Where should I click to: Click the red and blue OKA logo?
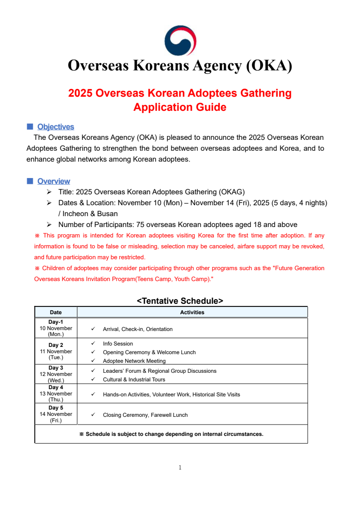[180, 41]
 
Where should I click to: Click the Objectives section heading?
[55, 127]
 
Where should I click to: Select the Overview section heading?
[54, 181]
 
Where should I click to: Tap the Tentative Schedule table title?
[180, 301]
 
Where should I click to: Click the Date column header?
[56, 312]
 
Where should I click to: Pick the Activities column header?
[192, 312]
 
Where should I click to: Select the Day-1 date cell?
[56, 328]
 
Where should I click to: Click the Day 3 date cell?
[56, 374]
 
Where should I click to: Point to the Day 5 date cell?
[56, 414]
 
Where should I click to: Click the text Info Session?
[118, 344]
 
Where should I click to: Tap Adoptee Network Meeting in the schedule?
[134, 361]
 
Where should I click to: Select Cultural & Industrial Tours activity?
[134, 380]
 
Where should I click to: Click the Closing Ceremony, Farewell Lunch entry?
[145, 415]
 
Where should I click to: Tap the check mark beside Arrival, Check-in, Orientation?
[93, 329]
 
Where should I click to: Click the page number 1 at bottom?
[180, 467]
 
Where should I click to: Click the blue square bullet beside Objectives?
[30, 126]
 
